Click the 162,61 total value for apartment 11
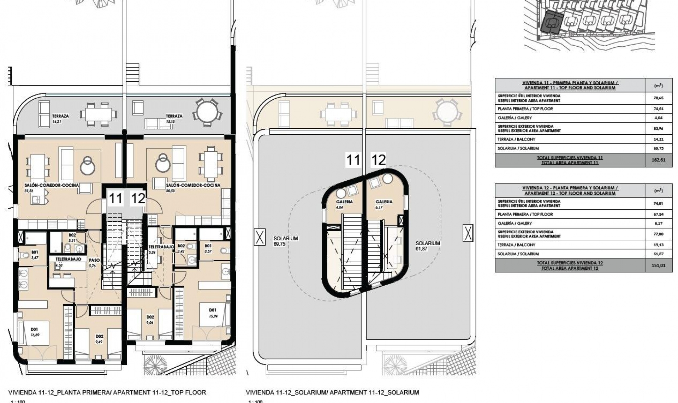click(x=658, y=160)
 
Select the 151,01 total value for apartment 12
click(x=658, y=265)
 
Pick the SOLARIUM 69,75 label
click(x=285, y=241)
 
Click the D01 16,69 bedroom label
click(x=34, y=332)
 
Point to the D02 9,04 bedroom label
click(x=150, y=320)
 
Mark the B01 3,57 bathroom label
click(x=208, y=248)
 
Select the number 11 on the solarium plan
click(x=353, y=160)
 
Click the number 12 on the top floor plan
click(x=138, y=199)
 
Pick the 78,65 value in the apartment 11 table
click(x=658, y=98)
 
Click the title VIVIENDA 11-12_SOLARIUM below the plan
click(x=332, y=392)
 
